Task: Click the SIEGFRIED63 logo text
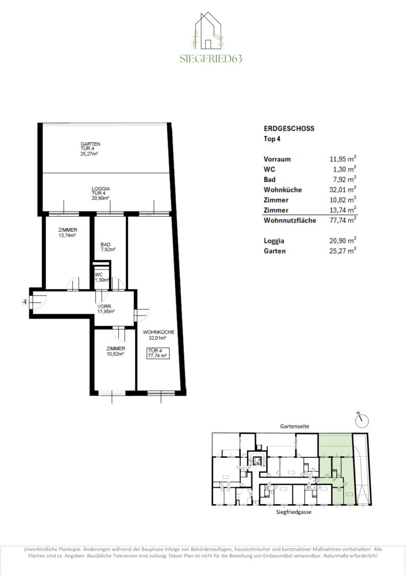coord(211,59)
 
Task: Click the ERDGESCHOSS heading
coord(289,128)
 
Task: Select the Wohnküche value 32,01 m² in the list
coord(343,189)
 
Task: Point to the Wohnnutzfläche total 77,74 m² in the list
coord(343,220)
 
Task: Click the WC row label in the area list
coord(269,169)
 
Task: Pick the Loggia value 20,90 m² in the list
coord(343,241)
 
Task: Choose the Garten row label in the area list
coord(275,251)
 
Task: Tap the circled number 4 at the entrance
coord(25,302)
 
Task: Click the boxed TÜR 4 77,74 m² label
coord(158,353)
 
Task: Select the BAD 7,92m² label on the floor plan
coord(108,247)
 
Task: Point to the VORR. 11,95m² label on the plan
coord(106,309)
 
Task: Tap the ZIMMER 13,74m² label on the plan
coord(67,233)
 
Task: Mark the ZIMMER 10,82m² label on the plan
coord(115,351)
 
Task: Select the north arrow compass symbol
coord(362,420)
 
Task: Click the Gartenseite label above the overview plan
coord(294,426)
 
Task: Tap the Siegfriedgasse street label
coord(294,512)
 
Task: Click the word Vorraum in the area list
coord(277,159)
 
